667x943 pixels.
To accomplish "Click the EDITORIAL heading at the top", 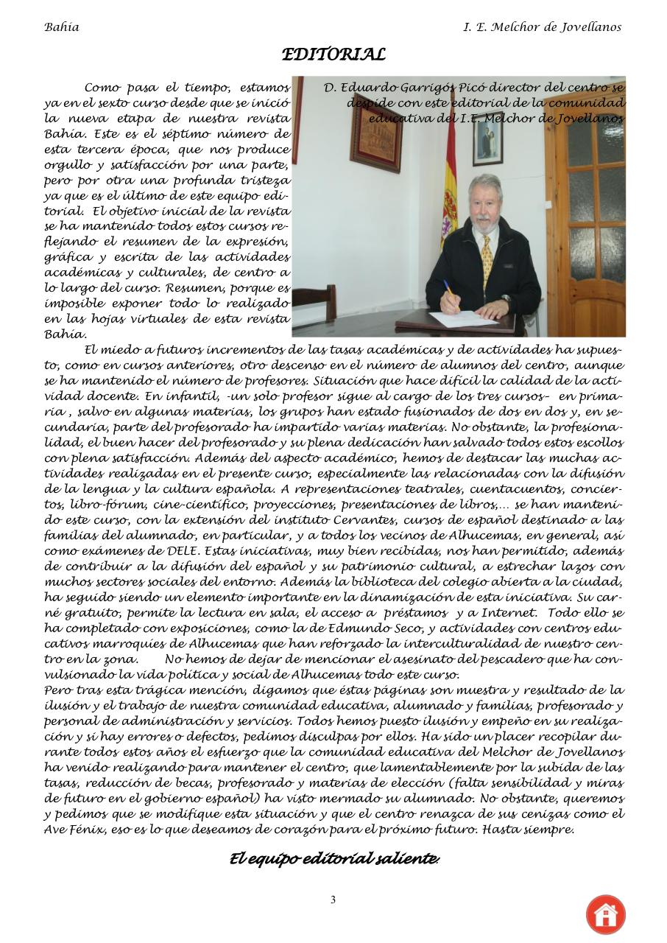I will [333, 55].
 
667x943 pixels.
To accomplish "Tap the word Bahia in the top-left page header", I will [62, 27].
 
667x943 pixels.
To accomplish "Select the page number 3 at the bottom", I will [333, 900].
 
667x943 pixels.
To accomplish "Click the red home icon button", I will [605, 914].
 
